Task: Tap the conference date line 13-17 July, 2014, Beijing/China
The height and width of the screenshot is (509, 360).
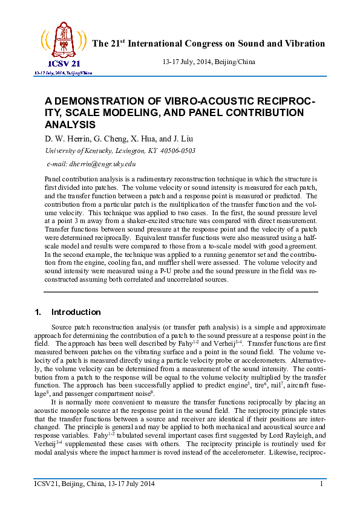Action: [209, 62]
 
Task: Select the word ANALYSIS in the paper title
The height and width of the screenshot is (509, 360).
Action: [70, 125]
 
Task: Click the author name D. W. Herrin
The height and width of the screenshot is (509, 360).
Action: [66, 138]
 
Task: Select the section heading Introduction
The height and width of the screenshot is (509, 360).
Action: [76, 312]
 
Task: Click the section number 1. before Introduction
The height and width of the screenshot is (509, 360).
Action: [38, 312]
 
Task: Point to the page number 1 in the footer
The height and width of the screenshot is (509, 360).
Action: [321, 484]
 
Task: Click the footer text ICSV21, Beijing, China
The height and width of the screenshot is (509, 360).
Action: [69, 484]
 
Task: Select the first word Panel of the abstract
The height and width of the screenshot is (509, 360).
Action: [53, 180]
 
